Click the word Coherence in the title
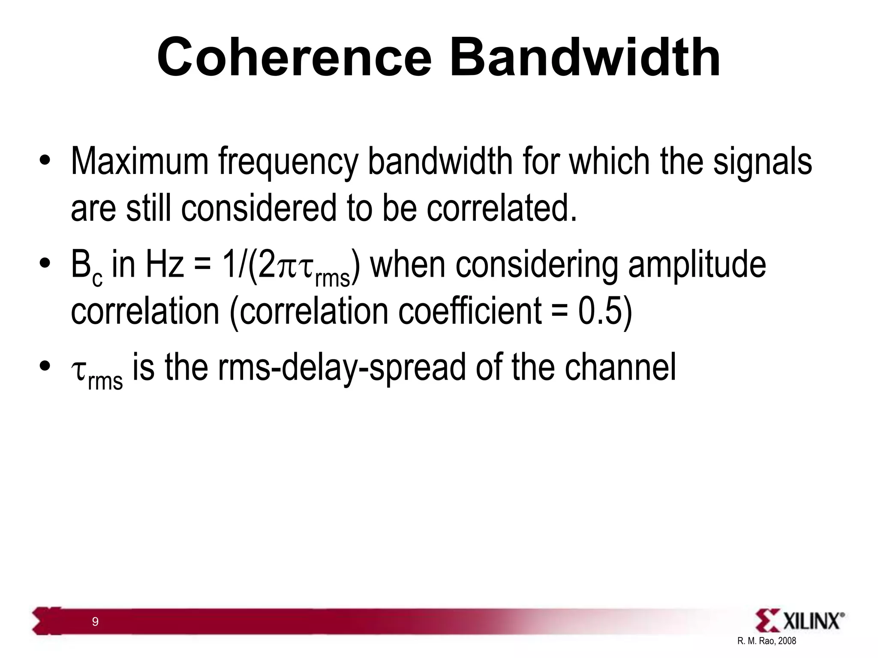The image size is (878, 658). coord(295,57)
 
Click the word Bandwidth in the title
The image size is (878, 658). coord(585,57)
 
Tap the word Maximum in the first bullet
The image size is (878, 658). coord(139,162)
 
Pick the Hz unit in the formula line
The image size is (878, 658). coord(165,265)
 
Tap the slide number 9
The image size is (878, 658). coord(95,622)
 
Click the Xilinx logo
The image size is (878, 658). coord(800,621)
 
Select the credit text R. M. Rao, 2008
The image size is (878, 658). coord(767,641)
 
